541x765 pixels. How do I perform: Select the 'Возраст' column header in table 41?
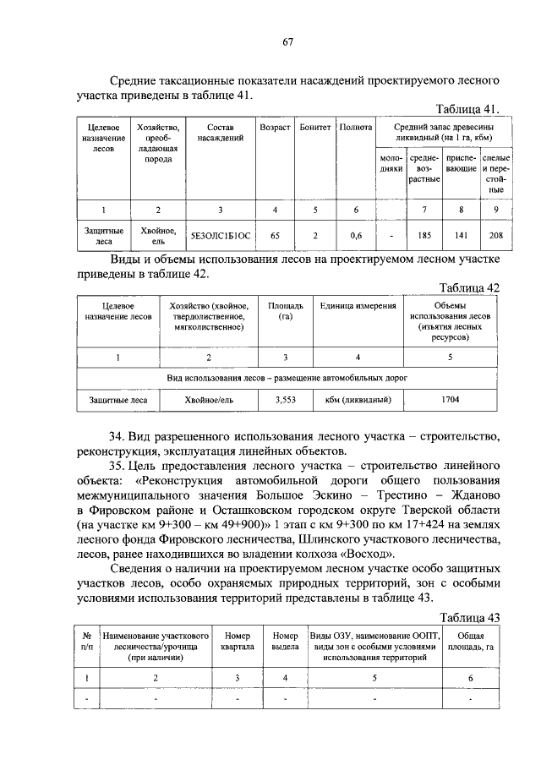coord(275,128)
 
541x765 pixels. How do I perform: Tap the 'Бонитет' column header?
coord(314,128)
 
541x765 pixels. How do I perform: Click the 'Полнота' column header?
coord(355,128)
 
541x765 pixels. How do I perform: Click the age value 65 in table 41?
coord(275,236)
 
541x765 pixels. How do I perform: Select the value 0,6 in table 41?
coord(355,236)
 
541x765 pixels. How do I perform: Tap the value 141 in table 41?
coord(461,236)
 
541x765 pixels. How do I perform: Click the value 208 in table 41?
coord(496,236)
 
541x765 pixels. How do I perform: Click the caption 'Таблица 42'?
coord(471,287)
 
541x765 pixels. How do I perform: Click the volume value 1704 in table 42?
coord(450,400)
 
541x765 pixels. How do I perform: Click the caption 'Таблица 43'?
coord(471,617)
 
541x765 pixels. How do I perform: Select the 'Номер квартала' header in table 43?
coord(237,640)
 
